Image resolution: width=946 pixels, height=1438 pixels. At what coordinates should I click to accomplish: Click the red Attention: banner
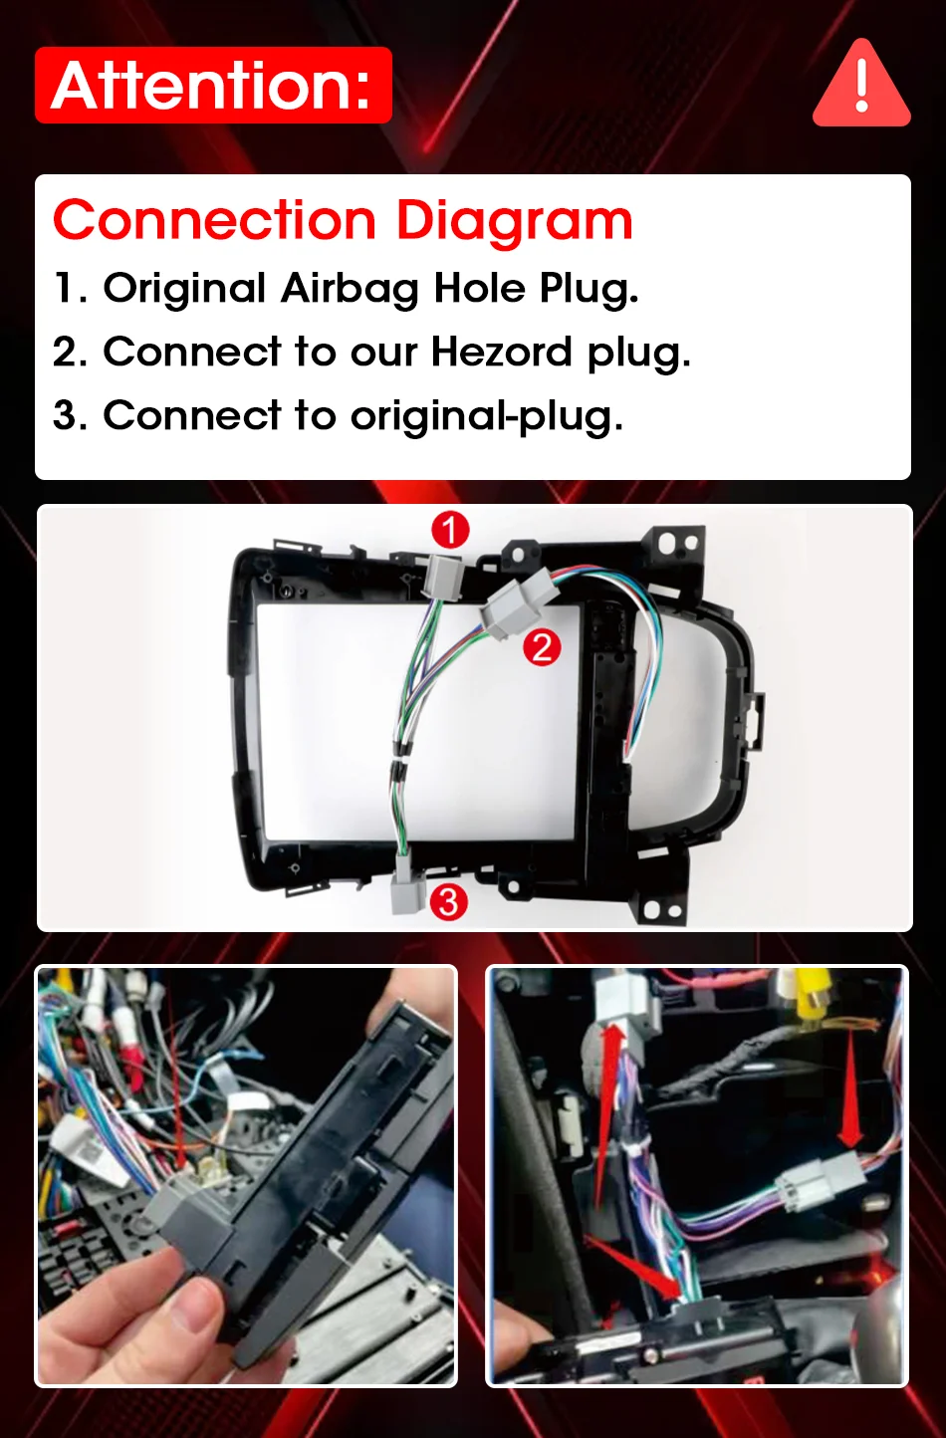click(x=213, y=85)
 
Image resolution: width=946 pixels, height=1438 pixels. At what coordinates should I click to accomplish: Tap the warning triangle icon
click(x=861, y=84)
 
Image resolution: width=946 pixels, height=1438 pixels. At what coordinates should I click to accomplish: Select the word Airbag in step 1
click(x=350, y=289)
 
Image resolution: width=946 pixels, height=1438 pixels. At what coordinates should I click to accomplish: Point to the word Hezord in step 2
click(x=501, y=352)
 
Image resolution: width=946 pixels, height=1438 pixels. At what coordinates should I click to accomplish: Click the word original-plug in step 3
click(x=487, y=416)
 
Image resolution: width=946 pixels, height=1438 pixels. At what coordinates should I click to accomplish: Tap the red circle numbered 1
click(x=450, y=530)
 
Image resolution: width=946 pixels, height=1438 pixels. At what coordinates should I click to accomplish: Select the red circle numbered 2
click(x=542, y=647)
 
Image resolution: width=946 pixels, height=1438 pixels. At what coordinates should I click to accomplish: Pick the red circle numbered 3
click(x=448, y=902)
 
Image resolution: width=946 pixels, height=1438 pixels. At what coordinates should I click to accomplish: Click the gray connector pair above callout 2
click(x=517, y=602)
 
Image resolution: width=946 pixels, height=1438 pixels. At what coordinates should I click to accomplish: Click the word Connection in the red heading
click(x=215, y=220)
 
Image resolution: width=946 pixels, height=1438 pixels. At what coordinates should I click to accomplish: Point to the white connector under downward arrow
click(x=819, y=1180)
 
